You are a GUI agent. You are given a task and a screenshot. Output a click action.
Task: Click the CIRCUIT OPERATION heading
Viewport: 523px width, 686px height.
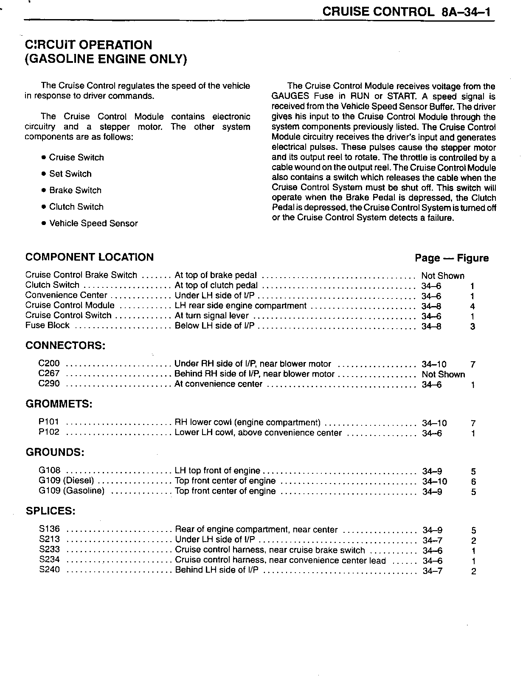88,45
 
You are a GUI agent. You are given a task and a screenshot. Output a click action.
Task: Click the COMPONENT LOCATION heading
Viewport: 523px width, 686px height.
90,257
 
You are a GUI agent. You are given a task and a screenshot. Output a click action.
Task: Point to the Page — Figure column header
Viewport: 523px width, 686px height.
452,258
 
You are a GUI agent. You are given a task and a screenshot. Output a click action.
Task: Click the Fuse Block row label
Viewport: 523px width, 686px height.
48,326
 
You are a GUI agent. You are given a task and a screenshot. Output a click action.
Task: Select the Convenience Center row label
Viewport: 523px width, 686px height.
66,295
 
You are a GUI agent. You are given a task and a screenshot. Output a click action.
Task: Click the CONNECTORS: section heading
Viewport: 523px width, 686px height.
65,345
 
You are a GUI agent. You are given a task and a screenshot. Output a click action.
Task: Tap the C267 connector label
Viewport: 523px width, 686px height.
49,374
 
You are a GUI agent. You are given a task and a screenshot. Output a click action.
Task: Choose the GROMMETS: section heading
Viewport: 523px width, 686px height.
59,404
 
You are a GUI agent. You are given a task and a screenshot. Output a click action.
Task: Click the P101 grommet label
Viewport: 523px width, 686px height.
49,422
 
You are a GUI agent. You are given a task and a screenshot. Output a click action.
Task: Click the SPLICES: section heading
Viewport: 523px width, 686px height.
51,511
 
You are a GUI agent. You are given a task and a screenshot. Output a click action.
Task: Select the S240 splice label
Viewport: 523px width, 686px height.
50,570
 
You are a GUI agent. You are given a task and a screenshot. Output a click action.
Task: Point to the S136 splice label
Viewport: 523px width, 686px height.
50,529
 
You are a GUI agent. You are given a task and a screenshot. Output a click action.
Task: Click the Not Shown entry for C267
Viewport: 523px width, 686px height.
443,374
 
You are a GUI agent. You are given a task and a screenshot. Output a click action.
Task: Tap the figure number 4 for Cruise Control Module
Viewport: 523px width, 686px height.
472,306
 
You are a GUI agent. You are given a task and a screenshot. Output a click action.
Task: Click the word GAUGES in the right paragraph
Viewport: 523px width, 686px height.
290,96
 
